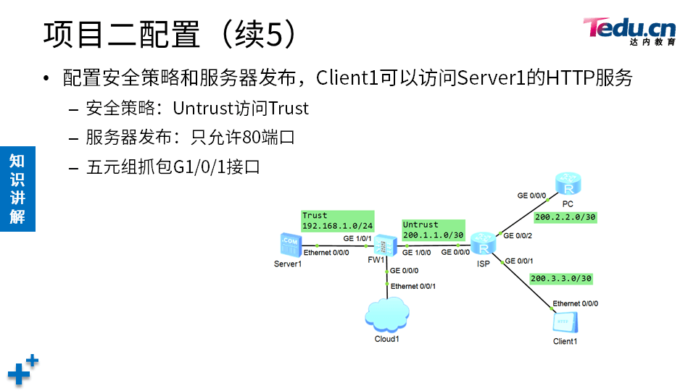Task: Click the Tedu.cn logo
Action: point(629,30)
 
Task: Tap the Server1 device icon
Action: point(289,245)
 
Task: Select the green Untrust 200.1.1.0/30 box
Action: point(432,230)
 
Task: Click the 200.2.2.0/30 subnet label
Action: point(565,216)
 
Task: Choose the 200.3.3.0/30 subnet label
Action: point(561,278)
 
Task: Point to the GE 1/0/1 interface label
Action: point(357,238)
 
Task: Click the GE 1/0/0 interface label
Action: point(417,253)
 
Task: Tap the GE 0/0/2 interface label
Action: point(518,236)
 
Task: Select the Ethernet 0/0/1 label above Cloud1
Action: point(413,286)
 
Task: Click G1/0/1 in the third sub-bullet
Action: point(199,167)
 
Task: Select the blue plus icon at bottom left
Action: point(22,370)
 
